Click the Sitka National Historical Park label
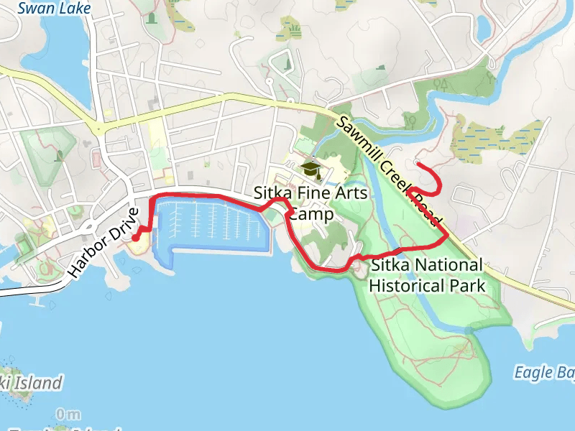(x=426, y=275)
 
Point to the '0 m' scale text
(x=68, y=414)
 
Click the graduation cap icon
(x=310, y=170)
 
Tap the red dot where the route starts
(x=135, y=238)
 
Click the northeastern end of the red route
(x=418, y=164)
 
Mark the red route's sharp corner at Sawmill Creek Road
(x=448, y=234)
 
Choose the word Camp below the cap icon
(x=310, y=215)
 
